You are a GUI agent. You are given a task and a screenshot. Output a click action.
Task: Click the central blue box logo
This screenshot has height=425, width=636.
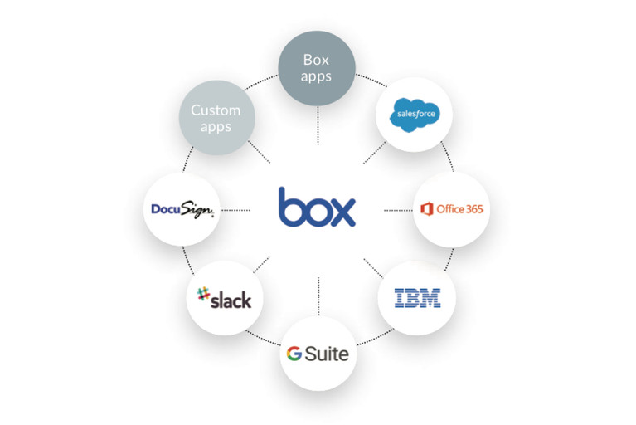317,208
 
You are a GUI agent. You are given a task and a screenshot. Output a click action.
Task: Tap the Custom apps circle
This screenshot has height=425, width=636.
216,119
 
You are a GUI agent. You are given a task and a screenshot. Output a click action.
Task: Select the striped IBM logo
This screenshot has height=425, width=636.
416,297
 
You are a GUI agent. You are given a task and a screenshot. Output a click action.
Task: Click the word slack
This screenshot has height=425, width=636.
231,298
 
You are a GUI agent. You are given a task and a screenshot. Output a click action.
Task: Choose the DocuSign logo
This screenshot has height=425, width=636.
183,209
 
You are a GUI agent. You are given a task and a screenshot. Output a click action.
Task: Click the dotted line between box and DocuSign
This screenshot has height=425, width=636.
236,209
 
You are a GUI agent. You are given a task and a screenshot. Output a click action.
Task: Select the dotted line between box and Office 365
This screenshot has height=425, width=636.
397,210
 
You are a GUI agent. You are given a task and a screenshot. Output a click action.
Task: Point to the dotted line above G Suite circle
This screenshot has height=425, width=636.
318,295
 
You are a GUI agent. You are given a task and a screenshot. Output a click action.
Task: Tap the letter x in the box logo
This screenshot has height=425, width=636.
343,212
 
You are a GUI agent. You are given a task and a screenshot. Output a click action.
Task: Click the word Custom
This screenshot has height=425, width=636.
216,110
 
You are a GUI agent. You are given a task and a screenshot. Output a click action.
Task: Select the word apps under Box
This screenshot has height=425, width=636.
316,76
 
